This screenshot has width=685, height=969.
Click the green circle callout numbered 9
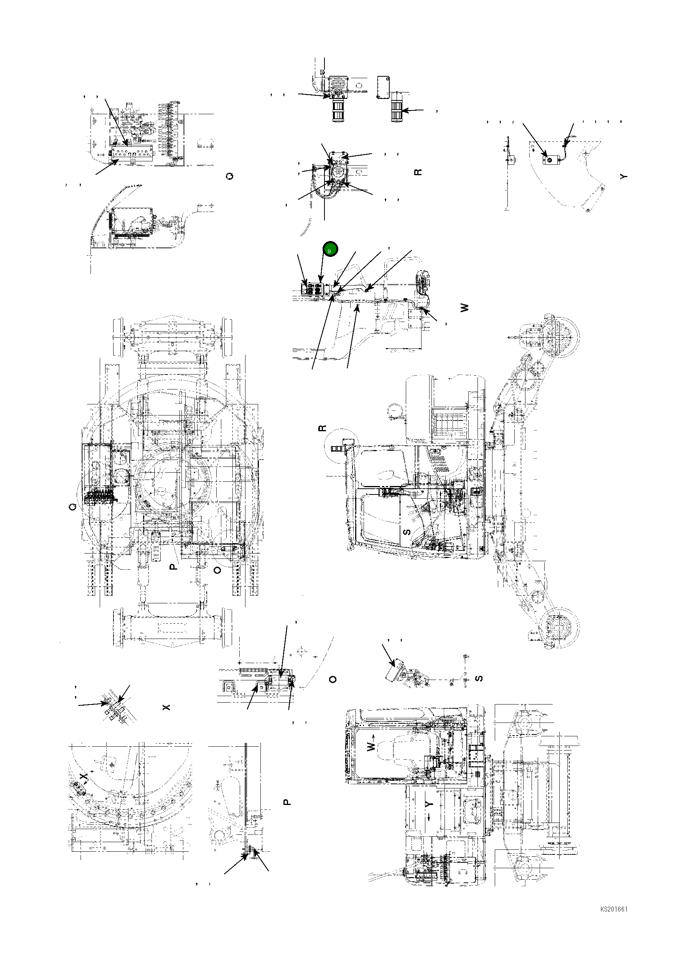click(x=330, y=249)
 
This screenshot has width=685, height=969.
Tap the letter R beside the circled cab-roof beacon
click(x=323, y=428)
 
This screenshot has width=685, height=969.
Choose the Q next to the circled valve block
click(x=72, y=508)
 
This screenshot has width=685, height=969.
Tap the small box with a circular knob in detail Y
click(x=550, y=160)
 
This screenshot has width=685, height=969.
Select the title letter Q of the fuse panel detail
click(x=230, y=176)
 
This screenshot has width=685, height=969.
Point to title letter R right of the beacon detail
click(x=418, y=172)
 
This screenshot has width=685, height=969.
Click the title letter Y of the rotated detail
click(x=624, y=176)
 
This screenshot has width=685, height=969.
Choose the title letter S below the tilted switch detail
click(x=479, y=678)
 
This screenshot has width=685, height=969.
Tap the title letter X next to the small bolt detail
click(x=166, y=707)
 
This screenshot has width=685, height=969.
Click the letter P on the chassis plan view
click(x=173, y=567)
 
